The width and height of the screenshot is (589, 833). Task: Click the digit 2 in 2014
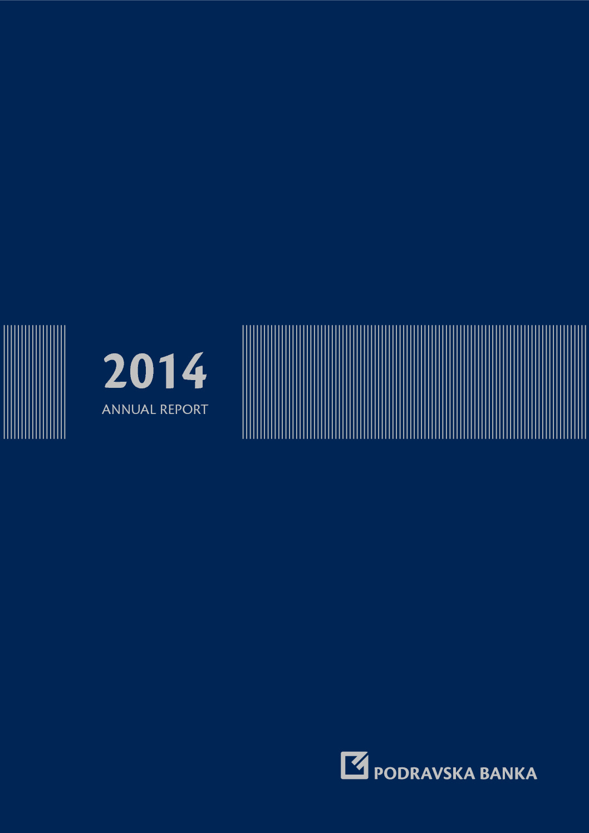pos(115,371)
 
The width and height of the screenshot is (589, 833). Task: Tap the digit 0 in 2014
pos(142,371)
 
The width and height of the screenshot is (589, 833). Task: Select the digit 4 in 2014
pos(194,371)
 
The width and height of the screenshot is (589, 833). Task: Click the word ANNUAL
pos(129,410)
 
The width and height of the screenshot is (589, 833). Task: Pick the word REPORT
pos(184,410)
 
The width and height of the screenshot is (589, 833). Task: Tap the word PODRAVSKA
pos(424,773)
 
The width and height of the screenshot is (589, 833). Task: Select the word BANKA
pos(508,773)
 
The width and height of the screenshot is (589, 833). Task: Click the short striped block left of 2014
pos(34,382)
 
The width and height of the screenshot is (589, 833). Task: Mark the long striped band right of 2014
pos(414,382)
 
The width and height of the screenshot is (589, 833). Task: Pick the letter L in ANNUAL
pos(153,410)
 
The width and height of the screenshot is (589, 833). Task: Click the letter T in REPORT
pos(204,410)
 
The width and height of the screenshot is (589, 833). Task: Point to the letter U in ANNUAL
pos(135,410)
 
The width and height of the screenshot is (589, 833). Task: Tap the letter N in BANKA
pos(509,773)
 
